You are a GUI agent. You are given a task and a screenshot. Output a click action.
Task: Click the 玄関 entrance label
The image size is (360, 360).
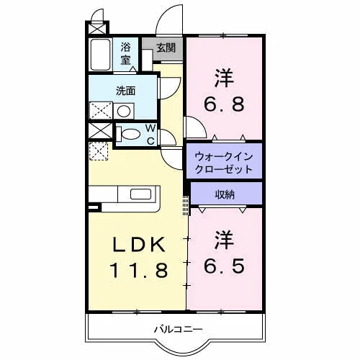[166, 48]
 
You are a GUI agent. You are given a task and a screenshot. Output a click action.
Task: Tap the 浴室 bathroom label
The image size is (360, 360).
[126, 53]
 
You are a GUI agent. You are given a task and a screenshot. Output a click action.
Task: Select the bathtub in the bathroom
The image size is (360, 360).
[100, 55]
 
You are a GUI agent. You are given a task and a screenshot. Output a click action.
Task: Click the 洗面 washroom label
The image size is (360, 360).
[126, 91]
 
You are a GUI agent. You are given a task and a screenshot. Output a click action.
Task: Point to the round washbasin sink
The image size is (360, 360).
[124, 111]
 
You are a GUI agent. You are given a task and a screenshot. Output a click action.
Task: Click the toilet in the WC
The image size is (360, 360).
[128, 134]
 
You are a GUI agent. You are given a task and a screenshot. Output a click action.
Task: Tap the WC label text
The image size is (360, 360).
[150, 135]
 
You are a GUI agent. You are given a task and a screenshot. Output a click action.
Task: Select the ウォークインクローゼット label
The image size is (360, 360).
[224, 163]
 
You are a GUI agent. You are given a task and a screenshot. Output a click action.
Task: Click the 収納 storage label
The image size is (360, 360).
[225, 194]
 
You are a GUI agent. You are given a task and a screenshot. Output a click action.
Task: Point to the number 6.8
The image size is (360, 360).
[224, 104]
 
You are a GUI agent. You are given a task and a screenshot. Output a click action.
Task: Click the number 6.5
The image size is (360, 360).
[224, 266]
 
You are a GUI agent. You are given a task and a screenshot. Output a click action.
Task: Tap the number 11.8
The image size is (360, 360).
[139, 270]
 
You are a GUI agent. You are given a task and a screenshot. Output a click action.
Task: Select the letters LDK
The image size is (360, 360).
[139, 244]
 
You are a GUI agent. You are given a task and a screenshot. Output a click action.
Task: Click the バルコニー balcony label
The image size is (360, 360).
[178, 329]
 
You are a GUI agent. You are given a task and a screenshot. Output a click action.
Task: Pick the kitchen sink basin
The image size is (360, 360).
[141, 194]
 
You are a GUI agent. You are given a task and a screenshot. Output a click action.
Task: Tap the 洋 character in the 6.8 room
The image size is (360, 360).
[224, 78]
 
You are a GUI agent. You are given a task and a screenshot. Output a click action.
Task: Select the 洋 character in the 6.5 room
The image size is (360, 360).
[224, 240]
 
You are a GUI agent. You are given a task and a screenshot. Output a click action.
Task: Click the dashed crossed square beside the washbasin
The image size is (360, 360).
[101, 110]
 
